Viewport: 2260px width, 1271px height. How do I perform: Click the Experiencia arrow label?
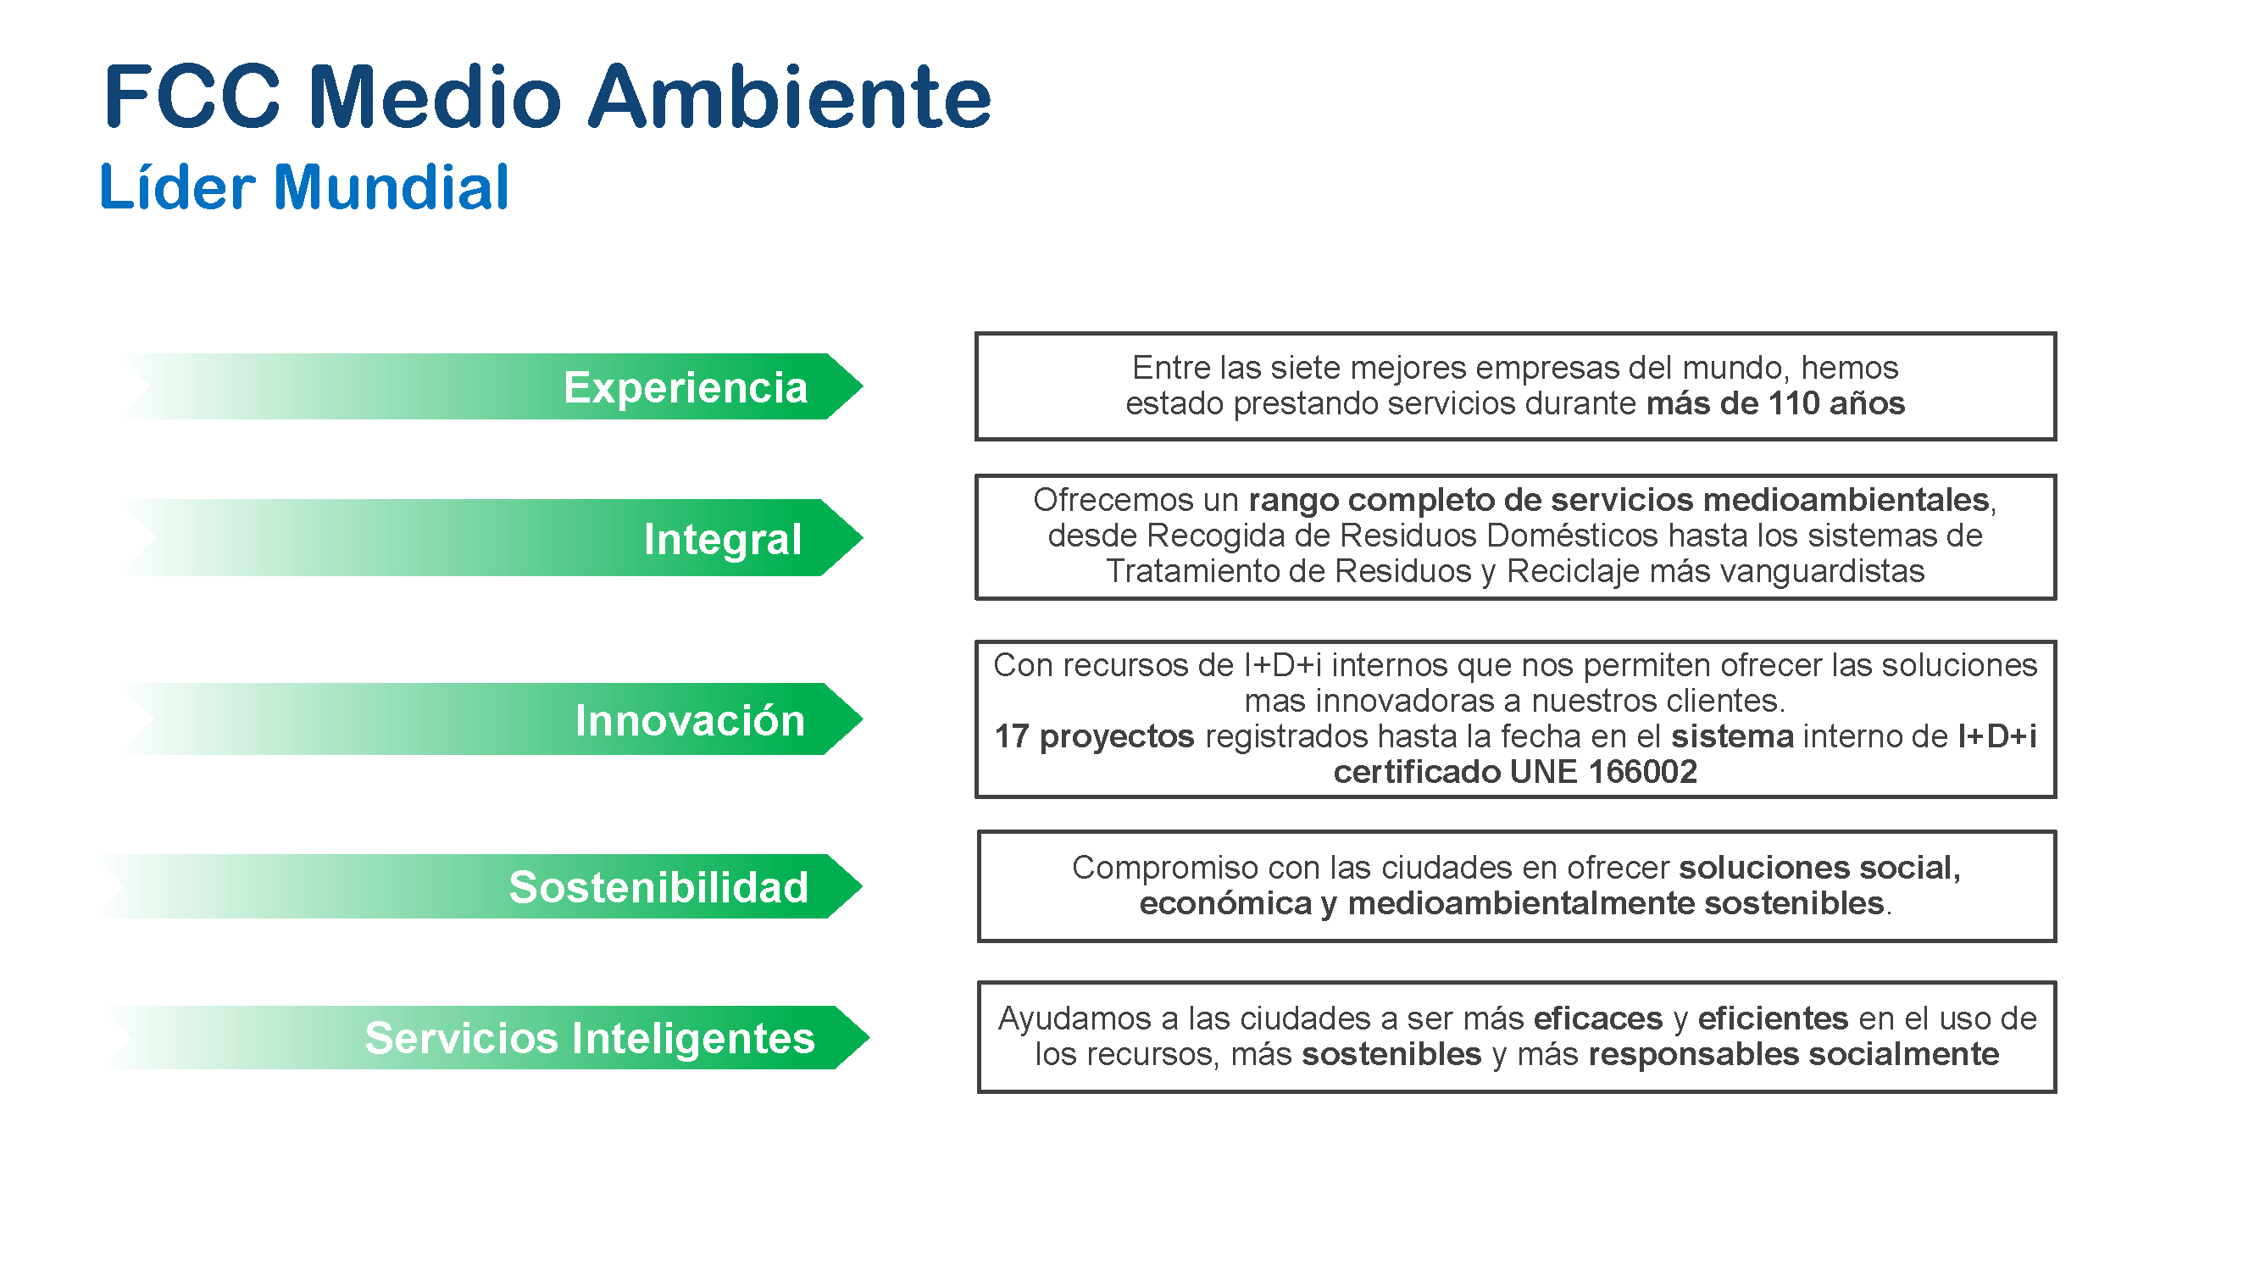(686, 387)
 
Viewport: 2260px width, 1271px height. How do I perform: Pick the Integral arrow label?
(723, 539)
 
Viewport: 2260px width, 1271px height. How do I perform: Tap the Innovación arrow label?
(690, 719)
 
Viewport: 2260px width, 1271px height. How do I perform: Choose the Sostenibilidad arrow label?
(658, 887)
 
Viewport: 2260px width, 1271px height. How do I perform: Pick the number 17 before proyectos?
(1012, 737)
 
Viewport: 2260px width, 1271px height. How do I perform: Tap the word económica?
(1224, 903)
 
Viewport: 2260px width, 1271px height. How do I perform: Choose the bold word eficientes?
(1773, 1018)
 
